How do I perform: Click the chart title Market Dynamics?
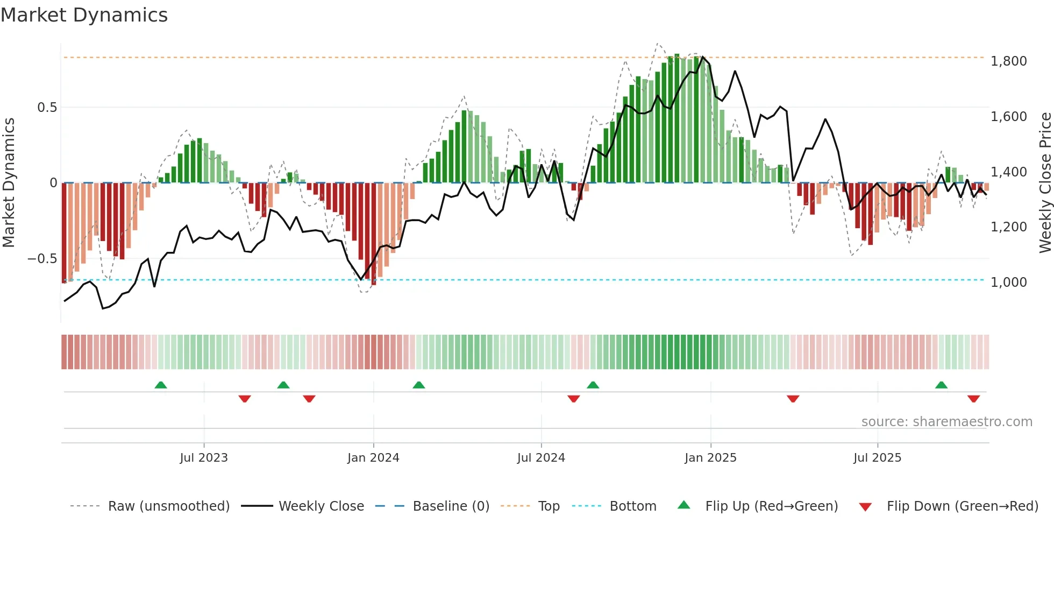(x=84, y=15)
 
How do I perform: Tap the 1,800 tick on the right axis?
(x=1008, y=61)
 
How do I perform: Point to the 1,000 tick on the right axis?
(x=1008, y=283)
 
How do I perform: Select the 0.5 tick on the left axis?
(x=47, y=108)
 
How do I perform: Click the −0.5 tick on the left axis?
(x=42, y=259)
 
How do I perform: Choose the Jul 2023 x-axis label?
(x=204, y=458)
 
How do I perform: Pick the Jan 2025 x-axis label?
(x=710, y=458)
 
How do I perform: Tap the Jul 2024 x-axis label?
(x=541, y=458)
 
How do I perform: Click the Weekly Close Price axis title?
(x=1045, y=183)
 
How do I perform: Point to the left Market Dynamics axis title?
(x=9, y=183)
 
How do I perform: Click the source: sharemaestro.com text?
(x=946, y=422)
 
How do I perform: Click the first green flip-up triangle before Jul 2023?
(x=161, y=385)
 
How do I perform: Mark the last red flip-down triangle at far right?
(x=973, y=399)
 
